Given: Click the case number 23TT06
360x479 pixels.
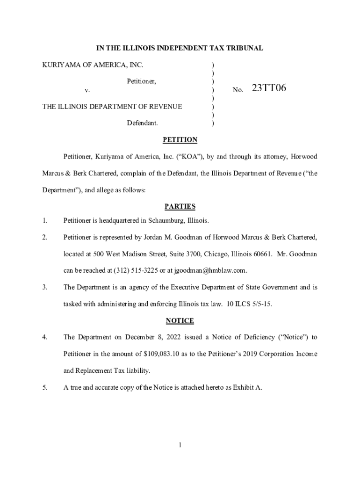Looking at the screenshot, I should click(269, 88).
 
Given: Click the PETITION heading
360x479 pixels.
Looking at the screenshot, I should click(180, 140).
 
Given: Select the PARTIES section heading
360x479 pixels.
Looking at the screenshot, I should click(180, 206).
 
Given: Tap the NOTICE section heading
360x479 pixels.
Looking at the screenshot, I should click(180, 320).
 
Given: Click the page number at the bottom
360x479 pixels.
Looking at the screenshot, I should click(180, 445).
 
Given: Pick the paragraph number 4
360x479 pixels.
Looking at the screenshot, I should click(44, 337).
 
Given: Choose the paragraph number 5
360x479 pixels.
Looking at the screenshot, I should click(44, 387).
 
